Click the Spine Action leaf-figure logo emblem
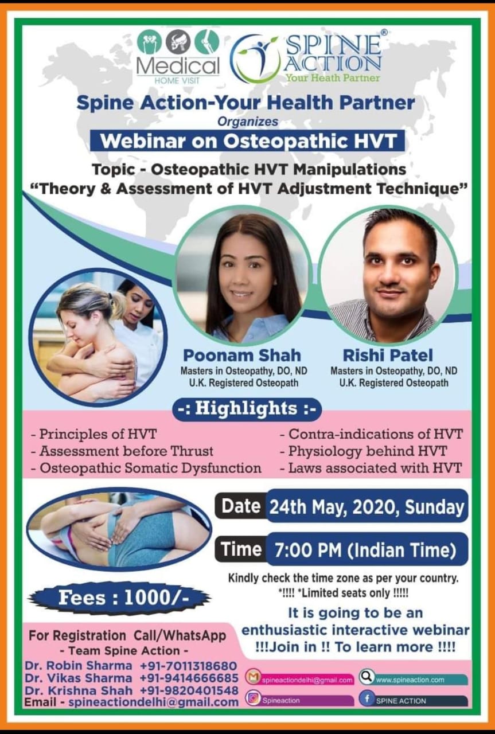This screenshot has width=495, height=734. [x=255, y=58]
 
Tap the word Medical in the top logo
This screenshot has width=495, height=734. [x=178, y=65]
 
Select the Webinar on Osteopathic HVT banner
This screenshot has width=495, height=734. [x=248, y=141]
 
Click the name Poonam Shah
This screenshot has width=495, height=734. [x=242, y=356]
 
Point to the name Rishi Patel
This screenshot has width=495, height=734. [x=388, y=356]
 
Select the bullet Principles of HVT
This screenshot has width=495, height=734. [x=93, y=434]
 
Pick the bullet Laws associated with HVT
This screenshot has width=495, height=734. [x=371, y=468]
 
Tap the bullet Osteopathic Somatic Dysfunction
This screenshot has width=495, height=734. [x=146, y=468]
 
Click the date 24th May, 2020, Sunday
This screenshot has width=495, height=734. [x=367, y=507]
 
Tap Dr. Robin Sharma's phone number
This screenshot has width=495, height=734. [x=188, y=666]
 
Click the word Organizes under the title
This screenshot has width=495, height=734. [x=248, y=122]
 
